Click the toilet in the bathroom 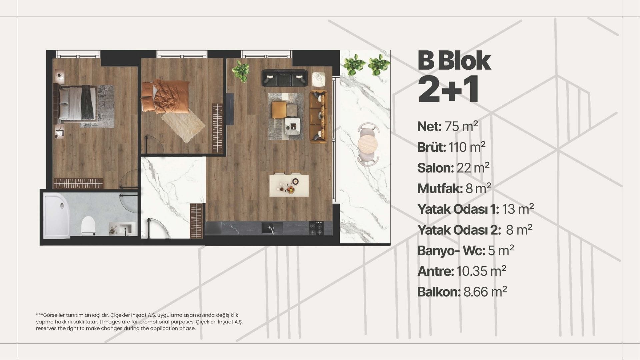click(x=88, y=225)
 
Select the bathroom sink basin click(x=126, y=229)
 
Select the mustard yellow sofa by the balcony click(x=318, y=116)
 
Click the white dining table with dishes click(x=290, y=185)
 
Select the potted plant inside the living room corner click(x=241, y=70)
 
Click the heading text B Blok click(x=454, y=61)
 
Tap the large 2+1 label click(x=449, y=89)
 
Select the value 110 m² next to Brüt click(x=467, y=147)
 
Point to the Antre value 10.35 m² click(x=481, y=271)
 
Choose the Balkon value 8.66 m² click(x=485, y=292)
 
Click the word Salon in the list click(x=436, y=168)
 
